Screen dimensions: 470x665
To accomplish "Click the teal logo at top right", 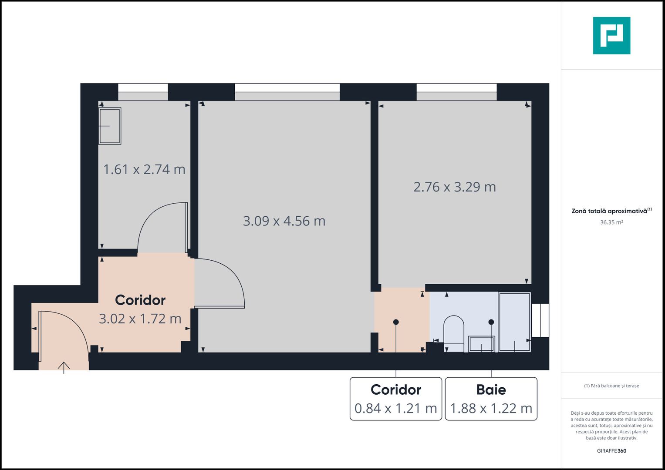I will (x=611, y=36).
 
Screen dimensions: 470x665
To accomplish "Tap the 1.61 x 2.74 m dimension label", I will (x=144, y=169).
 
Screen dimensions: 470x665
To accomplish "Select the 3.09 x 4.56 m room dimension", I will (x=284, y=221).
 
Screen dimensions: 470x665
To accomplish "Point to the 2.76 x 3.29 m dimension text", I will (x=454, y=187).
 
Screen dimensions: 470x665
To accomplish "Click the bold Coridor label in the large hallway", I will (x=140, y=300).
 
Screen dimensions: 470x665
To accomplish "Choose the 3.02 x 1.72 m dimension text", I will (x=140, y=319).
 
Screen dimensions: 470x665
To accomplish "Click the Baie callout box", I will (x=491, y=399).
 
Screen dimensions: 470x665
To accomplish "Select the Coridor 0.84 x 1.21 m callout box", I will (x=396, y=399).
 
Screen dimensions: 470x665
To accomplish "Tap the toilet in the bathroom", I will (x=454, y=333).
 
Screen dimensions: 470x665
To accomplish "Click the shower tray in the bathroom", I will (x=514, y=322).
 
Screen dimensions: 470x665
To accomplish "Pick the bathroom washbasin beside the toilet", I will (x=481, y=344).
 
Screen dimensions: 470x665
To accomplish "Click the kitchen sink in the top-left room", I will (x=110, y=126).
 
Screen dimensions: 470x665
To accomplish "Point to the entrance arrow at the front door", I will (x=64, y=367).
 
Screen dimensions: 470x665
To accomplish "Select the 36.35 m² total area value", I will (x=611, y=222).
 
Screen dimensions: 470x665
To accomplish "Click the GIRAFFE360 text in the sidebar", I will (x=611, y=451).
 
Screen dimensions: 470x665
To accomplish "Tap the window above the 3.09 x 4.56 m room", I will (x=287, y=92).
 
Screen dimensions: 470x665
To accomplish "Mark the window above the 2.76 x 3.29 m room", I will (x=456, y=92).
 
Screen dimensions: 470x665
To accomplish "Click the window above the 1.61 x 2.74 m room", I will (x=143, y=92).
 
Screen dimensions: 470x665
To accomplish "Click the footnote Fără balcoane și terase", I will (x=611, y=386).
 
